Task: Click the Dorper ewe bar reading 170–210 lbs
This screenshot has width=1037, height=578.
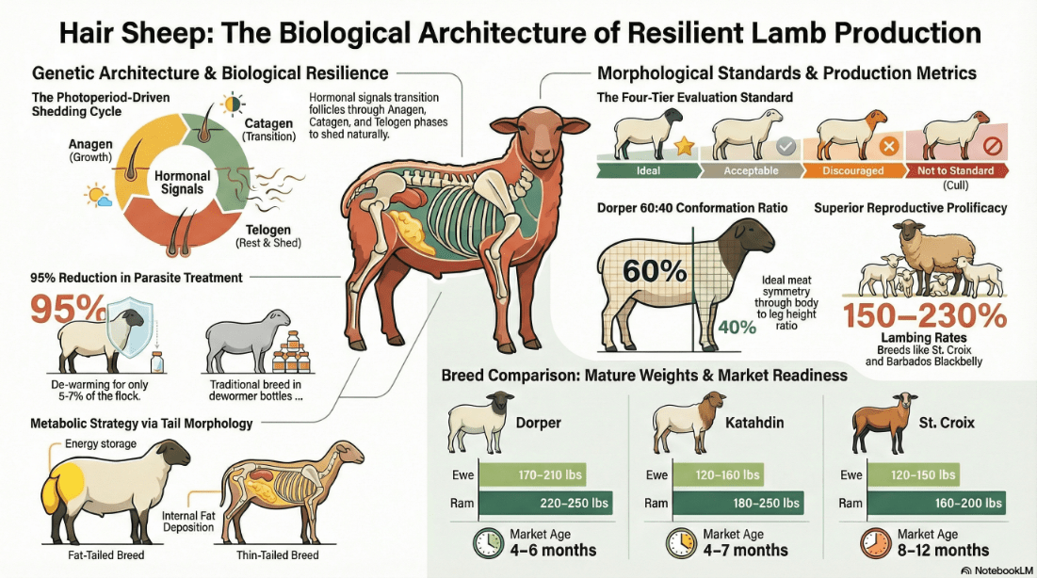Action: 532,474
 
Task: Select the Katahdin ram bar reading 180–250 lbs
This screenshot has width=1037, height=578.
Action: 738,504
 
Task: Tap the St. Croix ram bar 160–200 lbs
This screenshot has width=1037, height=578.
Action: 936,504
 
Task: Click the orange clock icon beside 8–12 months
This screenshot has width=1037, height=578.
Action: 876,543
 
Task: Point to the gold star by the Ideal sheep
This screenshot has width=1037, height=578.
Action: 684,146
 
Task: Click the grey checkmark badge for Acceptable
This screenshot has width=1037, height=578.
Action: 786,146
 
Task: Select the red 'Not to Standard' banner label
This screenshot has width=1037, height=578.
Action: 956,170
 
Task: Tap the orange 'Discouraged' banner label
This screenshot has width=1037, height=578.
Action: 853,170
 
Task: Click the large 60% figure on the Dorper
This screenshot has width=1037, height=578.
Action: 655,271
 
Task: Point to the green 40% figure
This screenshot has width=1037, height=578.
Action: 737,327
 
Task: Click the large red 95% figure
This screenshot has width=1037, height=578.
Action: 68,308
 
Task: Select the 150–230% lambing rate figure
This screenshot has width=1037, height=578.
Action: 925,315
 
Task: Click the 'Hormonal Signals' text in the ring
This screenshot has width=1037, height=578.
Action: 182,183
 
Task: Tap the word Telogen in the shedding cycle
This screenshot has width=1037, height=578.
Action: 267,230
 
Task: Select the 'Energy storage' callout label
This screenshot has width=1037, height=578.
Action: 101,443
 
